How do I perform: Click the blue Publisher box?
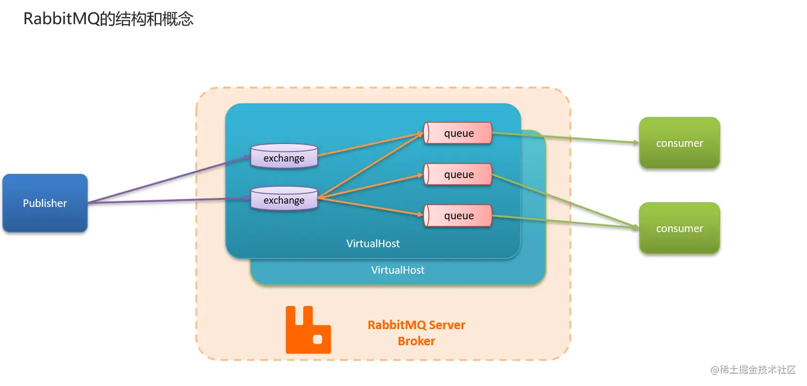(45, 203)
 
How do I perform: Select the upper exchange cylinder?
(284, 156)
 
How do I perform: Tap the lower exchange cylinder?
(284, 199)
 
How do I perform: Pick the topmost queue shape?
(458, 133)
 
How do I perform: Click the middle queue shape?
(458, 174)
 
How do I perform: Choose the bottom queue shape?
(458, 215)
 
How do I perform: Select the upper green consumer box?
(679, 143)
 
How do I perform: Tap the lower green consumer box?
(679, 228)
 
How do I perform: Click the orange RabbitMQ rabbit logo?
(308, 330)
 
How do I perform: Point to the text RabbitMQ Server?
(416, 325)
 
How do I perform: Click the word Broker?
(416, 341)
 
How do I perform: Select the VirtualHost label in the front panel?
(373, 244)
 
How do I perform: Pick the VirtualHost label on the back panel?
(398, 270)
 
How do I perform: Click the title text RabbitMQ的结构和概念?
(108, 20)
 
